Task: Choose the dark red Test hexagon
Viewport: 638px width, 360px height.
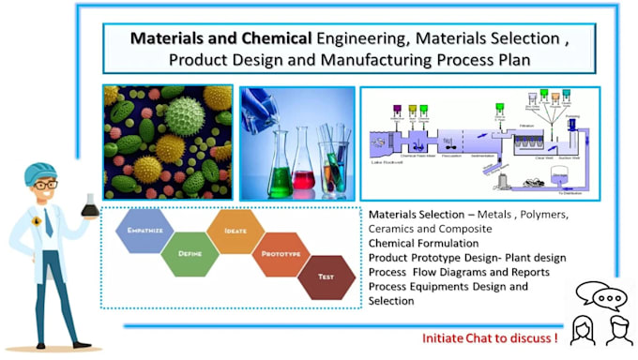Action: (327, 276)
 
